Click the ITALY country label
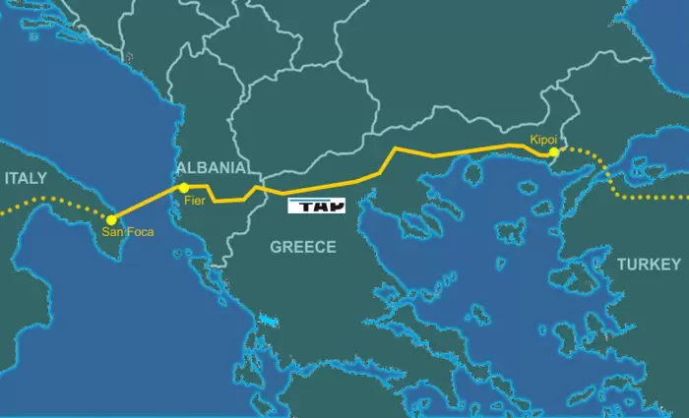coord(26,178)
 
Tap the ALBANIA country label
coord(211,167)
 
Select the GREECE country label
coord(303,247)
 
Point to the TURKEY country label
coord(648,265)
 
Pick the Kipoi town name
coord(543,140)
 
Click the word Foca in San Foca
coord(138,233)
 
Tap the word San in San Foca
coord(113,233)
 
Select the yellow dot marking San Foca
coord(111,219)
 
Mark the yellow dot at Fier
coord(183,187)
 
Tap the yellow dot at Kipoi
coord(554,152)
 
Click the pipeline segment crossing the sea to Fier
coord(148,203)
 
